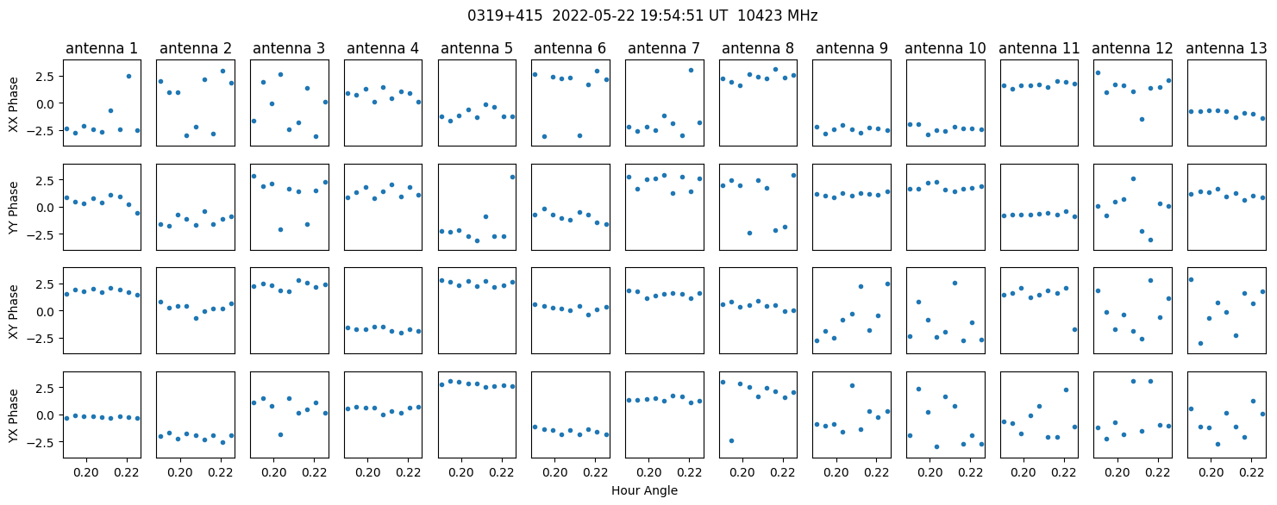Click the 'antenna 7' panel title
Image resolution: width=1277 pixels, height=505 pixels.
click(x=664, y=49)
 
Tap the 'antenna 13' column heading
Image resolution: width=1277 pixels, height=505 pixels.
click(x=1226, y=49)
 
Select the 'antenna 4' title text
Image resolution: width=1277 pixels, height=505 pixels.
click(x=383, y=49)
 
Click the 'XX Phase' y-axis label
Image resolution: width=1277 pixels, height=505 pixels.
click(x=13, y=105)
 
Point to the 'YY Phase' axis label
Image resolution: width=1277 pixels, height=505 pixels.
click(x=13, y=208)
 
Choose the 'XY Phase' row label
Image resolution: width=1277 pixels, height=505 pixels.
click(x=13, y=311)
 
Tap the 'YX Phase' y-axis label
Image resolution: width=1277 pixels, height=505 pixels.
click(x=13, y=415)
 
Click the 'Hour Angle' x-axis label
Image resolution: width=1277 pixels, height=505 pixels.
click(x=644, y=490)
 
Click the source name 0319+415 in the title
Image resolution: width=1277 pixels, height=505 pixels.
click(x=505, y=16)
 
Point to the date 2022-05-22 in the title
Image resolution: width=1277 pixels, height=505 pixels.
click(x=593, y=16)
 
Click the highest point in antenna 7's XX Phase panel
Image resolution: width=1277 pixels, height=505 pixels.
click(x=691, y=71)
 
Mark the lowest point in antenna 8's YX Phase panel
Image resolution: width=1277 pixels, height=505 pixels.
click(x=731, y=440)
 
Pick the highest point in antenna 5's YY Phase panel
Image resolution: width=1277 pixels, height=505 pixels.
click(x=512, y=178)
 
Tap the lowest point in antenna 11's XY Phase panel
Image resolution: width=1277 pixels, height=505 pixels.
click(x=1074, y=329)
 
